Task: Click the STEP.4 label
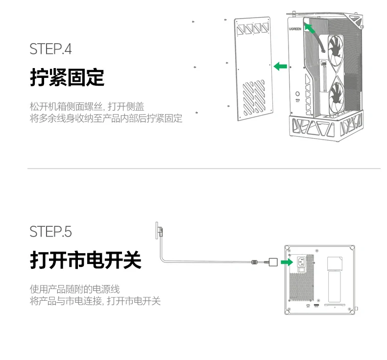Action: tap(50, 49)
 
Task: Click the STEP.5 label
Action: tap(50, 231)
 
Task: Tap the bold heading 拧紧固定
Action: tap(67, 77)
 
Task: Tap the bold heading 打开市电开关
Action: tap(86, 260)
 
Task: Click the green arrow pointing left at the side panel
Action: tap(280, 66)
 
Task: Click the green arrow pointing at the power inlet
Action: tap(289, 262)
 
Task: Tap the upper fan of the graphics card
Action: tap(337, 51)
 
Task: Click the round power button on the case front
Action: tap(298, 93)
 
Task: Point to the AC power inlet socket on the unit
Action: tap(301, 262)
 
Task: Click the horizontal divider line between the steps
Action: tap(203, 168)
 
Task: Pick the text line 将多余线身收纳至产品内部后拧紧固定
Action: tap(106, 119)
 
